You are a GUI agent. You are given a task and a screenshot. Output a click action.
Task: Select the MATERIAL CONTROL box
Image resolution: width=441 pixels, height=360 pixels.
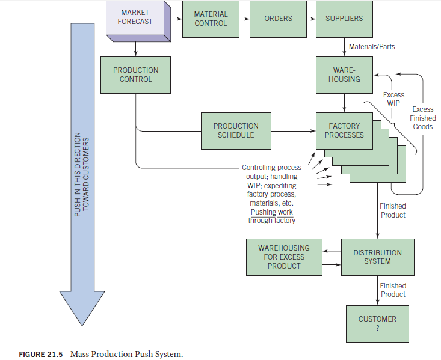pyautogui.click(x=211, y=19)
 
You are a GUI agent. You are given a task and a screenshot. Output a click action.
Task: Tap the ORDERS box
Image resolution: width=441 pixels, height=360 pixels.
pyautogui.click(x=278, y=19)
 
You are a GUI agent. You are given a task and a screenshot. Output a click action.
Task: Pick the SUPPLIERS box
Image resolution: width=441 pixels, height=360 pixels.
pyautogui.click(x=344, y=19)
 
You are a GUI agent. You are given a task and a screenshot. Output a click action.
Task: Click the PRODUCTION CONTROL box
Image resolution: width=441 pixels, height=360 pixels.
pyautogui.click(x=135, y=75)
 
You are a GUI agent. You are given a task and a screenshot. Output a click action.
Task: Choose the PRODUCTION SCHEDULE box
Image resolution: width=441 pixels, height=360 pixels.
pyautogui.click(x=236, y=130)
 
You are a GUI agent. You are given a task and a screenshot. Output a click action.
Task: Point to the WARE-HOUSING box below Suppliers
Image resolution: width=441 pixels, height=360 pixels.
pyautogui.click(x=344, y=75)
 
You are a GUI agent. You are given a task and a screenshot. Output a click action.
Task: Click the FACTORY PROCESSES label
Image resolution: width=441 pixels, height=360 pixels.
pyautogui.click(x=344, y=130)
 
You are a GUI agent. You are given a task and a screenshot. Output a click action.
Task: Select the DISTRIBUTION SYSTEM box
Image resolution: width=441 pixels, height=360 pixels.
pyautogui.click(x=377, y=257)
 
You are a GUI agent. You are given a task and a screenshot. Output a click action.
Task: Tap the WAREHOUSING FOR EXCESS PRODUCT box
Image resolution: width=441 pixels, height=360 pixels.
pyautogui.click(x=283, y=257)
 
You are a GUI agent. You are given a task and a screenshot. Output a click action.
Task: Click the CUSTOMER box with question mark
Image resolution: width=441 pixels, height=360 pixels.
pyautogui.click(x=377, y=323)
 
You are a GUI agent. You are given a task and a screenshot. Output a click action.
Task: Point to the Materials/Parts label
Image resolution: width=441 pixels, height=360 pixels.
pyautogui.click(x=372, y=46)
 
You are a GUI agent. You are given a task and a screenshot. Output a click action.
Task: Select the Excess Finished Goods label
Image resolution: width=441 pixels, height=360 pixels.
pyautogui.click(x=422, y=118)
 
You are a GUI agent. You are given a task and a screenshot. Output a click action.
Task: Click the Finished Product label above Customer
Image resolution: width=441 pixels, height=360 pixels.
pyautogui.click(x=393, y=290)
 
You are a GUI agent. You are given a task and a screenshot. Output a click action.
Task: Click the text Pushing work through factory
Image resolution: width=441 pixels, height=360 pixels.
pyautogui.click(x=271, y=216)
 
